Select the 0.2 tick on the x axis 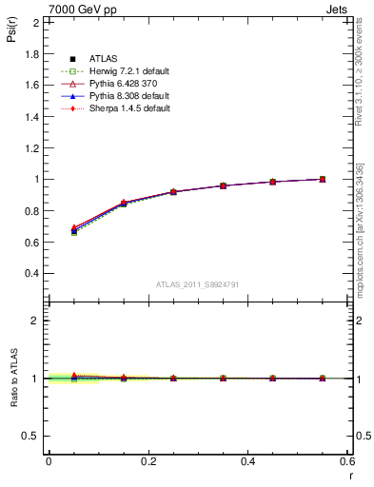[x=148, y=460]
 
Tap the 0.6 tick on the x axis [x=347, y=460]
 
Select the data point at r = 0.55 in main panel [x=323, y=179]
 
